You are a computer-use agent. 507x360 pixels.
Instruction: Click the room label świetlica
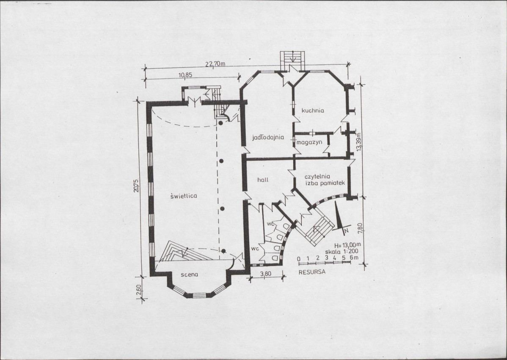pyautogui.click(x=183, y=196)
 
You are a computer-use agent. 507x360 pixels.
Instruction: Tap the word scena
pyautogui.click(x=189, y=274)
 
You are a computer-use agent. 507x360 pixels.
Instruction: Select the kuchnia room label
pyautogui.click(x=313, y=110)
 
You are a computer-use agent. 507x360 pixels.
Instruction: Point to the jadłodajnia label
pyautogui.click(x=268, y=137)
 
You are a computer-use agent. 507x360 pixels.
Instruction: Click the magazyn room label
pyautogui.click(x=309, y=142)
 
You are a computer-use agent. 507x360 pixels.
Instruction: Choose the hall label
pyautogui.click(x=263, y=180)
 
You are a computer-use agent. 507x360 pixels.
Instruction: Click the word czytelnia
pyautogui.click(x=317, y=177)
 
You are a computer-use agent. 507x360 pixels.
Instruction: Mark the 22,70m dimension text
pyautogui.click(x=215, y=64)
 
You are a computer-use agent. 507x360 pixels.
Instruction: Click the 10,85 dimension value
pyautogui.click(x=185, y=75)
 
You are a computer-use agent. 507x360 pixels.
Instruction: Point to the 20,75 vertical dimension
pyautogui.click(x=136, y=186)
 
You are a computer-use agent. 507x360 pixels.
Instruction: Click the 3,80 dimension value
pyautogui.click(x=266, y=274)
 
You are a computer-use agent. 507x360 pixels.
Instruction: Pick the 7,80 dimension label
pyautogui.click(x=361, y=227)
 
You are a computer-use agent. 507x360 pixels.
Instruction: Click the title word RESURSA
pyautogui.click(x=312, y=272)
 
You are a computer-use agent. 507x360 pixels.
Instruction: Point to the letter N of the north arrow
pyautogui.click(x=346, y=231)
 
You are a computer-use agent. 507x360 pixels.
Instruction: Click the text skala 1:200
pyautogui.click(x=341, y=251)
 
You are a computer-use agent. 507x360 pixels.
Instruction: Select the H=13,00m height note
pyautogui.click(x=347, y=245)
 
